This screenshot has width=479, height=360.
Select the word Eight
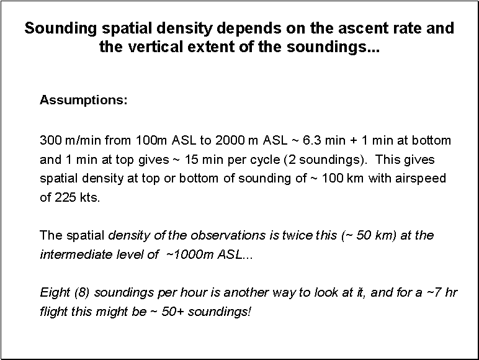point(53,292)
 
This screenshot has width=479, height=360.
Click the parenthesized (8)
point(80,292)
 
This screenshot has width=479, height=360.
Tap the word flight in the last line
point(52,311)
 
